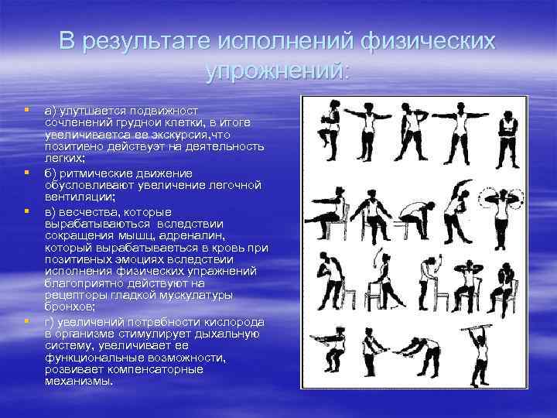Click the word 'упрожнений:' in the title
tap(278, 70)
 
